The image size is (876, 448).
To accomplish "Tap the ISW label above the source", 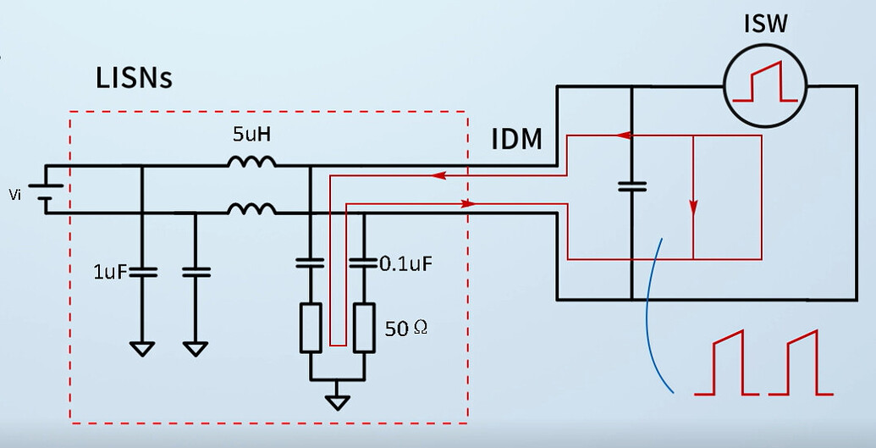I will (765, 23).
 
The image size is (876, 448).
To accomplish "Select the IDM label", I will (517, 140).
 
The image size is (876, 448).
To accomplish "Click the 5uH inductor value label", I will (253, 135).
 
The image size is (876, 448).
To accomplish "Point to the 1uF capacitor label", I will (109, 273).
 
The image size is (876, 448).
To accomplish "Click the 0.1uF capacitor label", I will (406, 263).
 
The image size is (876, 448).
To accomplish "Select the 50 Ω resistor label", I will (405, 328).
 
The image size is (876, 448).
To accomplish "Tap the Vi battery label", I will (14, 196).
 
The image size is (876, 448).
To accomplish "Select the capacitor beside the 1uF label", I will (141, 273).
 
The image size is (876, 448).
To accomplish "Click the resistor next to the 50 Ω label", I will (364, 328).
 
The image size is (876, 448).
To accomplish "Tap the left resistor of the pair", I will (311, 328).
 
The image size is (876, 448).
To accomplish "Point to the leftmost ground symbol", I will (141, 347).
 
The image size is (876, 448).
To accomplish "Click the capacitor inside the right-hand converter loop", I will (631, 185).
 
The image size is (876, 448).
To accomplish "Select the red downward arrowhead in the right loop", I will (693, 207).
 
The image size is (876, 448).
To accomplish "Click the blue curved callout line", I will (651, 322).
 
